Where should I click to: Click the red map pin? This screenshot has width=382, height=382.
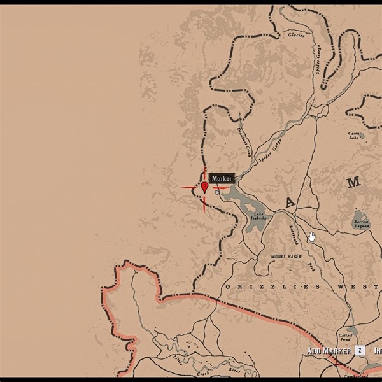click(204, 187)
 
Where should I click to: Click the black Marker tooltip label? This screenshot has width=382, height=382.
click(222, 179)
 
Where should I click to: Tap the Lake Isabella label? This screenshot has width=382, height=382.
click(259, 216)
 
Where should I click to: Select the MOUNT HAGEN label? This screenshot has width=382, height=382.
click(285, 257)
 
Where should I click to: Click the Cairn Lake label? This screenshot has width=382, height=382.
click(355, 135)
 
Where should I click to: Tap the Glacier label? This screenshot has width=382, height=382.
click(297, 34)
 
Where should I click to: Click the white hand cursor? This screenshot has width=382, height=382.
click(312, 237)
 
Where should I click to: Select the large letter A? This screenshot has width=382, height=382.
click(290, 203)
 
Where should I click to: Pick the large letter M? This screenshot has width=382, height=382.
click(353, 182)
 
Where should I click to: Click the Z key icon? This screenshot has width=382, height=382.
click(360, 351)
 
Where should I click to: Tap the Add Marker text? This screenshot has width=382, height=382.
click(330, 351)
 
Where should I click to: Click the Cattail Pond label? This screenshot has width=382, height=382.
click(345, 336)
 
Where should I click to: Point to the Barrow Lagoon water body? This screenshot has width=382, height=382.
click(360, 216)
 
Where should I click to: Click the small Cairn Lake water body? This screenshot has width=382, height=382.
click(362, 136)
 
